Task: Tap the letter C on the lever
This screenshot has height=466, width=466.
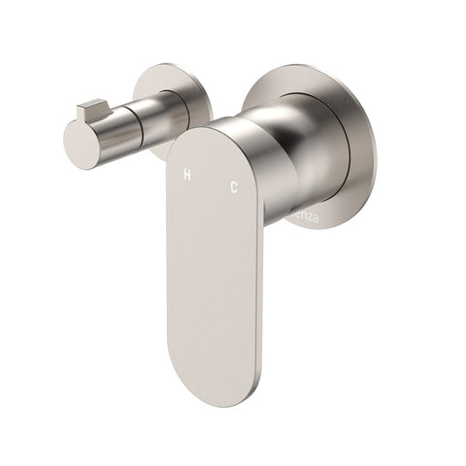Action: (233, 185)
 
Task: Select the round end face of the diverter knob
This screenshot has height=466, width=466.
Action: (82, 142)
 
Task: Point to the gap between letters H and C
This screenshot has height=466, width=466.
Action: (210, 181)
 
